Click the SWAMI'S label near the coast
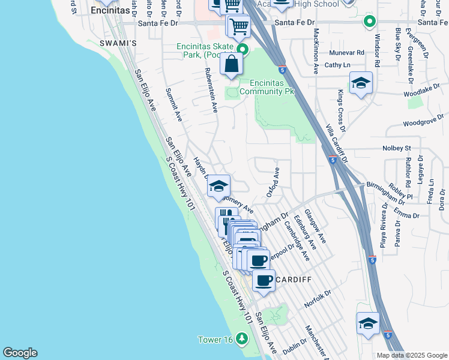click(118, 44)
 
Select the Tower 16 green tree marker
click(242, 339)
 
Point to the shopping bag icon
click(231, 64)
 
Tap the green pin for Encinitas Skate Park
click(243, 49)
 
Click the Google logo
click(20, 353)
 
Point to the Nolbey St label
click(396, 148)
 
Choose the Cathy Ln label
click(337, 65)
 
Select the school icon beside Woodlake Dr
click(361, 83)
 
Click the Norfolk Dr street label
click(318, 298)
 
